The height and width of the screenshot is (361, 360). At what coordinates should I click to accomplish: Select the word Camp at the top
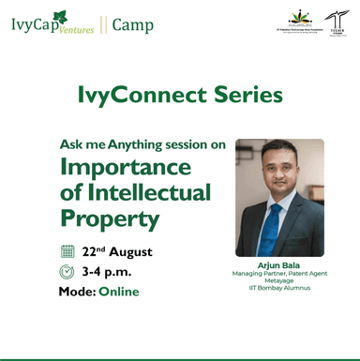[x=133, y=24]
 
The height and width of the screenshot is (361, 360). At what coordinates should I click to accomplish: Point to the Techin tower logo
[x=334, y=23]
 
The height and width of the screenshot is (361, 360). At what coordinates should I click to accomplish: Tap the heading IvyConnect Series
[x=179, y=95]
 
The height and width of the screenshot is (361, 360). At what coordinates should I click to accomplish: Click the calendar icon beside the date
[x=67, y=250]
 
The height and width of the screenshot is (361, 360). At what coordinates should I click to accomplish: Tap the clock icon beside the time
[x=67, y=272]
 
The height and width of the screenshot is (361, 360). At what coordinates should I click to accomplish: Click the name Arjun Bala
[x=278, y=265]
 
